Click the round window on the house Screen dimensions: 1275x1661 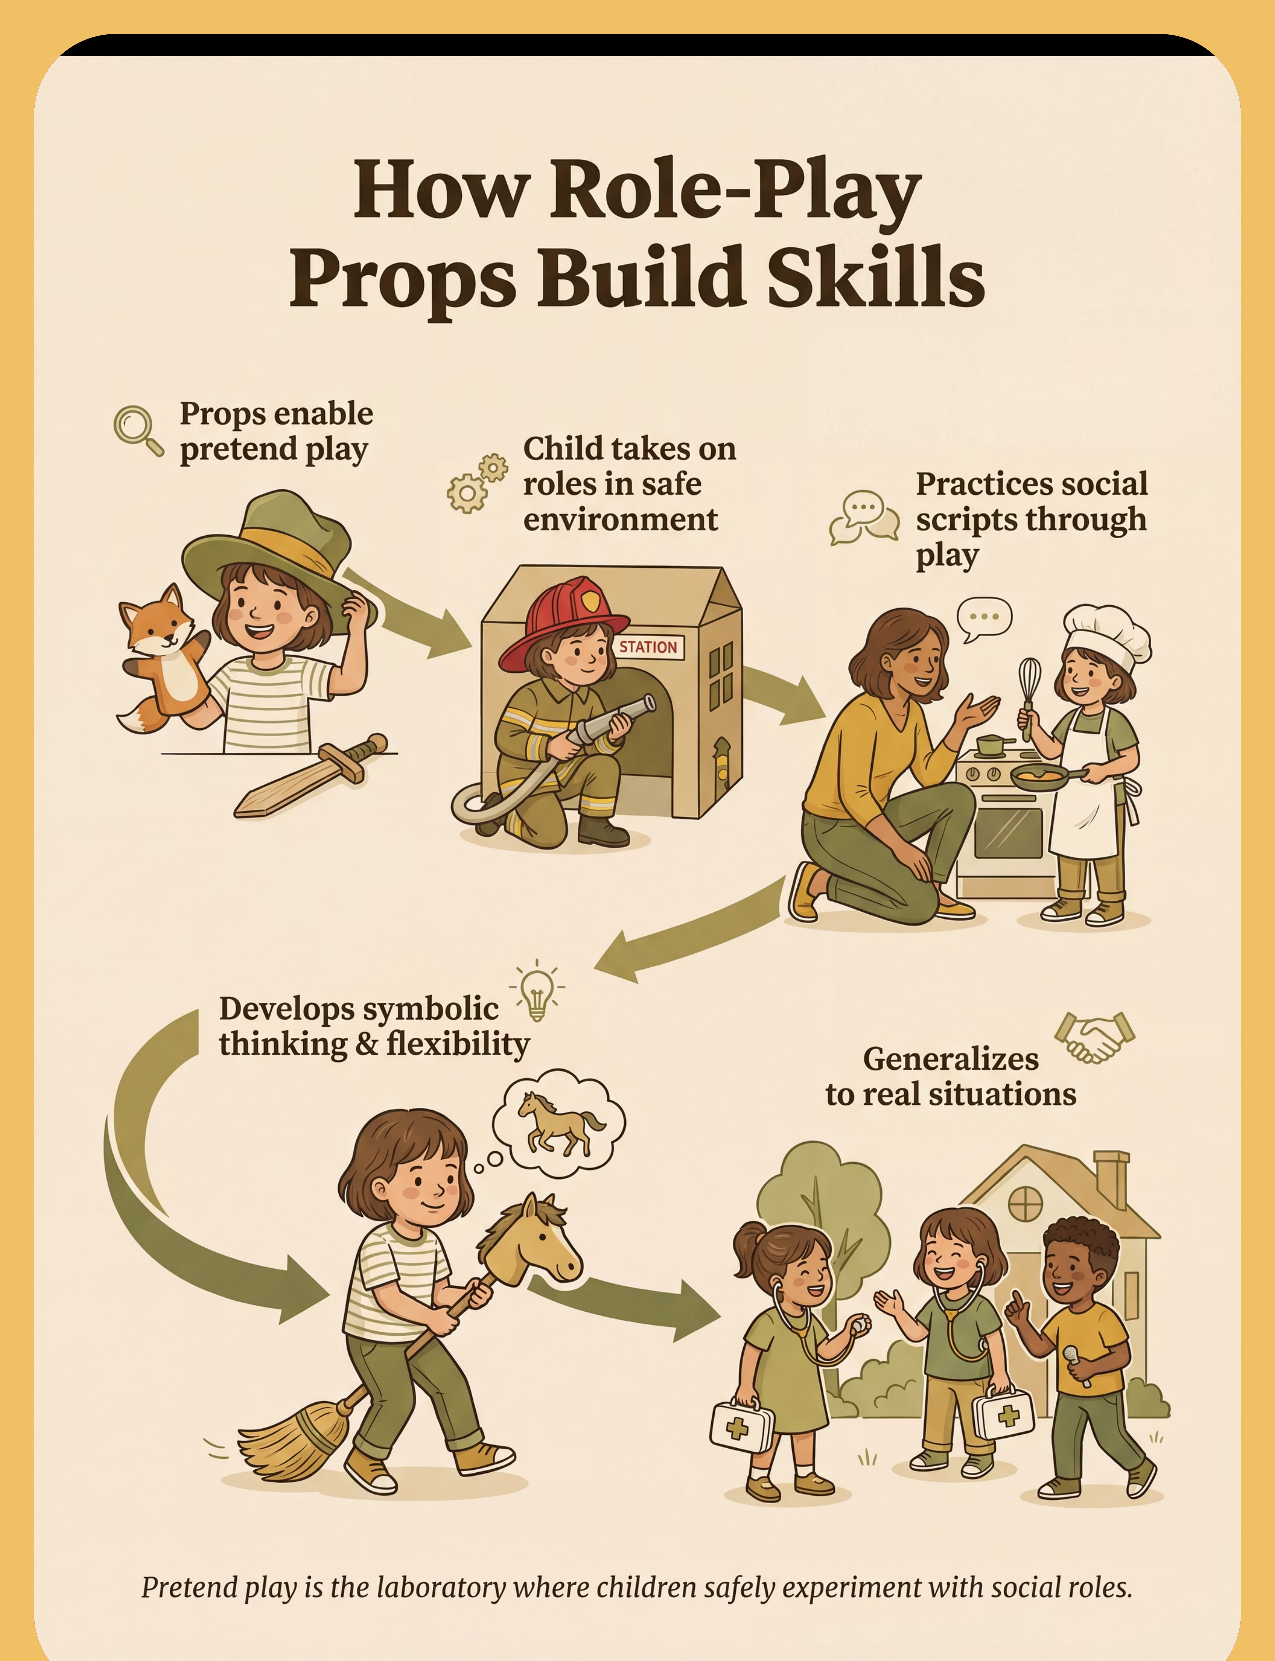pos(1024,1204)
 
